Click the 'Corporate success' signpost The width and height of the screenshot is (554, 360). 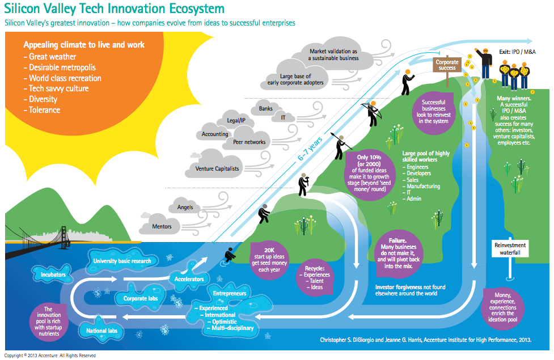[x=447, y=64]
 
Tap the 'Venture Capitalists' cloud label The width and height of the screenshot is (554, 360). [x=217, y=168]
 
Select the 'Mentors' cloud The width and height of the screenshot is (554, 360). [x=162, y=227]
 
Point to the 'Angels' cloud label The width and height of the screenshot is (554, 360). [x=185, y=207]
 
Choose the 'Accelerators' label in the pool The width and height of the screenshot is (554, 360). [x=190, y=278]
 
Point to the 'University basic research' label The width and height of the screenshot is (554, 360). [x=122, y=261]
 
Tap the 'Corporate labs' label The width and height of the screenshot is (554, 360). [x=140, y=298]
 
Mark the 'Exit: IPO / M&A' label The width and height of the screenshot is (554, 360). [x=517, y=51]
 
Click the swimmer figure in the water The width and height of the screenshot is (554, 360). [x=230, y=255]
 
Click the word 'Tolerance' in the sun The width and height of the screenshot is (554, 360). [x=44, y=109]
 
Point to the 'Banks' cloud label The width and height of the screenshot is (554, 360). [x=265, y=108]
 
